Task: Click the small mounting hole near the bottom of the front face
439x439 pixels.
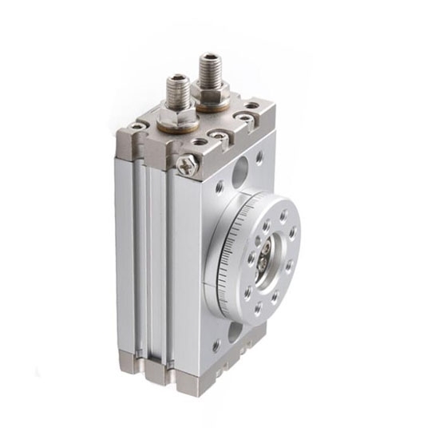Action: pyautogui.click(x=217, y=346)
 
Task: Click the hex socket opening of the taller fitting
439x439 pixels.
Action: pyautogui.click(x=211, y=57)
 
